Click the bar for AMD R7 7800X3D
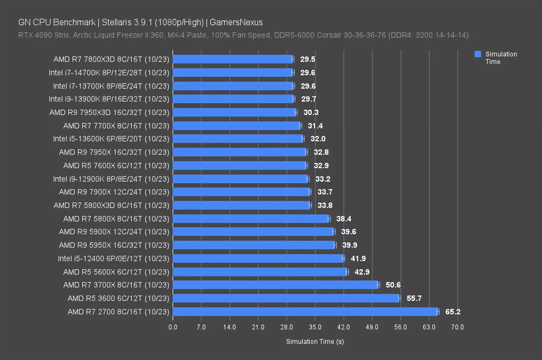point(232,59)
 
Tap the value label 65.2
point(453,312)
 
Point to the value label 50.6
point(393,285)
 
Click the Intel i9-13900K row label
point(109,99)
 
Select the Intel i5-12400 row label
point(113,258)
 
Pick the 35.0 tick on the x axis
point(315,327)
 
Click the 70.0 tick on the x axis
point(458,327)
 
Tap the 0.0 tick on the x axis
point(173,327)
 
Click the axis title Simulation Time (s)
point(315,342)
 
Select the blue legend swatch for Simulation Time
point(478,54)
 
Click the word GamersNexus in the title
point(236,22)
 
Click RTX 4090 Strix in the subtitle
point(44,35)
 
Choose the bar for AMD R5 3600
point(286,298)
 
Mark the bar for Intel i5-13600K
point(238,139)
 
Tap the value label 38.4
point(343,219)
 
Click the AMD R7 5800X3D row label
point(111,205)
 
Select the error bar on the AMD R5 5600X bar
point(347,272)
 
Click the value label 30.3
point(311,112)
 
